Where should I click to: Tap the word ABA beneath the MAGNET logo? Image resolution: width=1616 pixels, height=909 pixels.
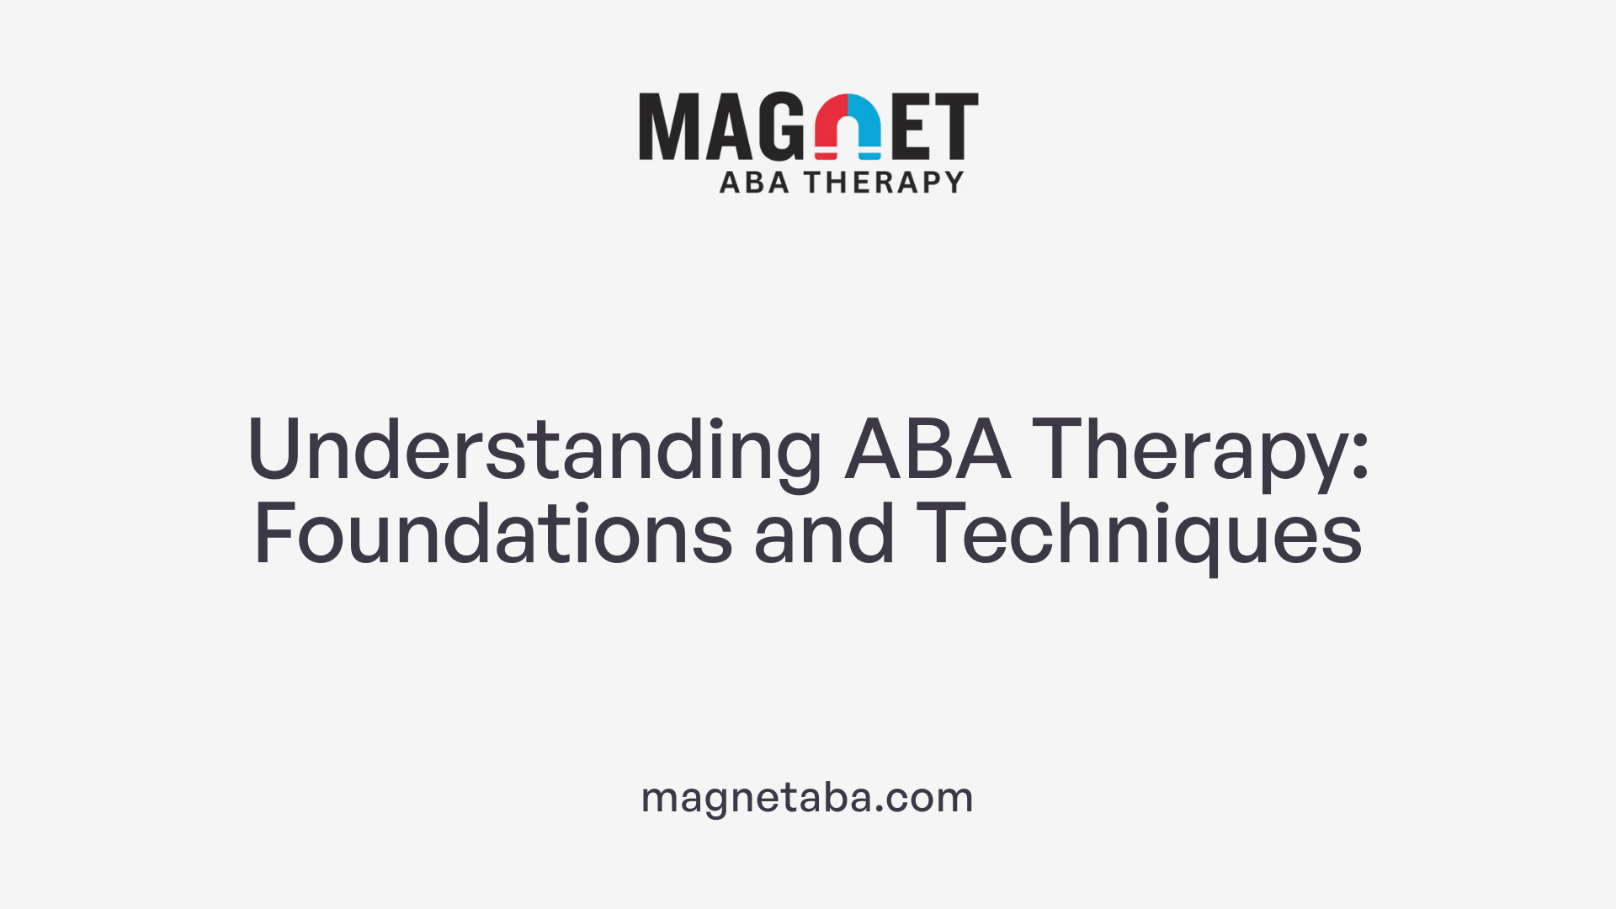pyautogui.click(x=754, y=182)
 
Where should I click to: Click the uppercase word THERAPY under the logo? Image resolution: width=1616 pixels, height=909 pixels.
pyautogui.click(x=884, y=182)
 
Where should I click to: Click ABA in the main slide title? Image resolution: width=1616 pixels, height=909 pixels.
pyautogui.click(x=928, y=449)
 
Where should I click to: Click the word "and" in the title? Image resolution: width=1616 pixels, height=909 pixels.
pyautogui.click(x=824, y=534)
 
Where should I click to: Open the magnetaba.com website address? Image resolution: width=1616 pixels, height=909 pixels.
pyautogui.click(x=807, y=797)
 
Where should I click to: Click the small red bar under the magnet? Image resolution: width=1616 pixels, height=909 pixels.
pyautogui.click(x=826, y=156)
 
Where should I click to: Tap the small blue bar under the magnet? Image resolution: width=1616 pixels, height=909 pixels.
pyautogui.click(x=869, y=156)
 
